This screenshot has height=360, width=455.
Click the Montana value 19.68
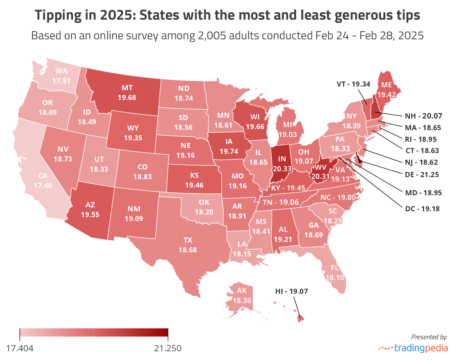[127, 97]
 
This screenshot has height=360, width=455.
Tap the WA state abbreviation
[62, 71]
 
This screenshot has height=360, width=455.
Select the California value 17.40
[43, 185]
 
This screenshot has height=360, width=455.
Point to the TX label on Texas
[188, 240]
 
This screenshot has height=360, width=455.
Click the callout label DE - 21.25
[422, 175]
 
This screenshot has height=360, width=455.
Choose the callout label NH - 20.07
[423, 116]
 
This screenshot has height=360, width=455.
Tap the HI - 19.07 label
[292, 291]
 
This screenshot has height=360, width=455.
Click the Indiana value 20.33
[282, 169]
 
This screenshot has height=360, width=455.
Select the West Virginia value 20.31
[320, 177]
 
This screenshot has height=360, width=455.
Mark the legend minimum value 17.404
[20, 348]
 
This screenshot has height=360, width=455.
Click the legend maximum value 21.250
[168, 348]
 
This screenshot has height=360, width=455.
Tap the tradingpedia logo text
[421, 348]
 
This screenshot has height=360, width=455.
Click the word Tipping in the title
[58, 15]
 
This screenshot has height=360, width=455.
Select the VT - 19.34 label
[353, 84]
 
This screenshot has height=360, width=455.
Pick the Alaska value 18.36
[242, 300]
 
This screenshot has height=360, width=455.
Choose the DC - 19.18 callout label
[422, 209]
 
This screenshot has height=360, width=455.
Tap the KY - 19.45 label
[288, 188]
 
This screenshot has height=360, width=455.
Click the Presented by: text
[429, 337]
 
